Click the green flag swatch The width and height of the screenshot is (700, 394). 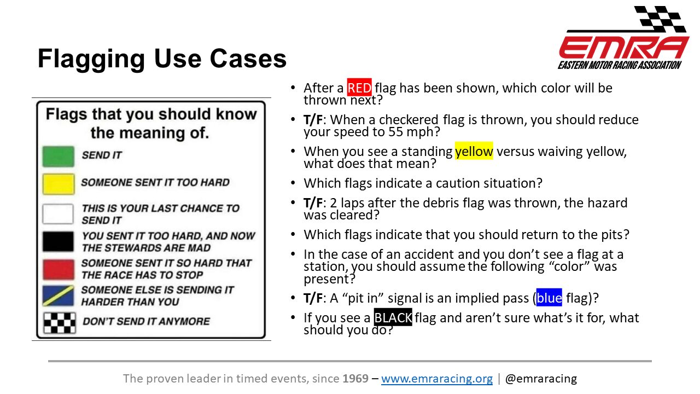point(59,156)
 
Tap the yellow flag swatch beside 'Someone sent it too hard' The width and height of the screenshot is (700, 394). point(59,184)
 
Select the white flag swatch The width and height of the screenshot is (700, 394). point(58,214)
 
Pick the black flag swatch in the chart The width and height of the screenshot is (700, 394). point(58,241)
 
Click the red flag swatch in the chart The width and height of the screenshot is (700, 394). point(59,269)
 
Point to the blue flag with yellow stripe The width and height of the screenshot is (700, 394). point(59,296)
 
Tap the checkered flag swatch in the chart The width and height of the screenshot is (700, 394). point(60,323)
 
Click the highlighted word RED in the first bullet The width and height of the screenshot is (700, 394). point(359,88)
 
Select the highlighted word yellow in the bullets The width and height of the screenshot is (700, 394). point(474,151)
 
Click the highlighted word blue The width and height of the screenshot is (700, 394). point(549,298)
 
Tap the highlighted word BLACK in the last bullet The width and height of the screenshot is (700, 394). point(393,317)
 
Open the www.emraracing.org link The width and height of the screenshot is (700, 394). point(437,378)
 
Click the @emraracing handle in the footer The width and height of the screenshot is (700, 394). point(541,378)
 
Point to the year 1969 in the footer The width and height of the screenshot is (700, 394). point(355,378)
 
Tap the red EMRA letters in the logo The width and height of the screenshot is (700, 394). point(624,47)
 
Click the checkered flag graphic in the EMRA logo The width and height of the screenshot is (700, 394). point(660,19)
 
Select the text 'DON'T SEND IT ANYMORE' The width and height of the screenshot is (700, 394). point(146,321)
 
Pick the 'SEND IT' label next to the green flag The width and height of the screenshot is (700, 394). point(102,155)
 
